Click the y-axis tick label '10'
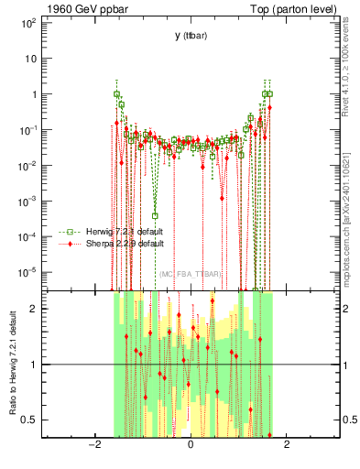[29, 58]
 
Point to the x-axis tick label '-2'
[93, 446]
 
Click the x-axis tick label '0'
[190, 446]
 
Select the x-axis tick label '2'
[287, 446]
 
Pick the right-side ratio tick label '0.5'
[351, 420]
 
